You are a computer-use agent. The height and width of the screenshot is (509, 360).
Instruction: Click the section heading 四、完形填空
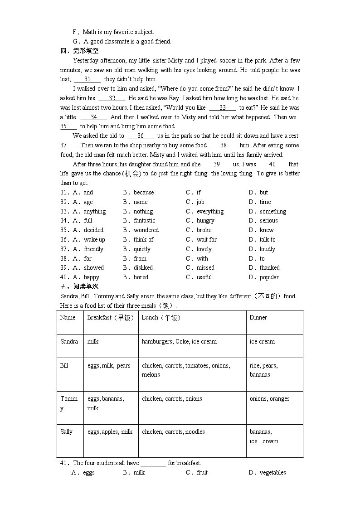click(x=79, y=51)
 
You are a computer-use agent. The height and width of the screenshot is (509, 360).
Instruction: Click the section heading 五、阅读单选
click(x=79, y=286)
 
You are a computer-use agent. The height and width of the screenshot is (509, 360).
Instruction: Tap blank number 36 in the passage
click(x=141, y=136)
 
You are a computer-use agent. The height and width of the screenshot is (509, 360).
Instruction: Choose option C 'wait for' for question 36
click(x=206, y=240)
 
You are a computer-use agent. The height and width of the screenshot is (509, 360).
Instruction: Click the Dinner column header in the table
click(x=258, y=318)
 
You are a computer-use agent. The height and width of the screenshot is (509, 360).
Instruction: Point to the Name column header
click(x=68, y=318)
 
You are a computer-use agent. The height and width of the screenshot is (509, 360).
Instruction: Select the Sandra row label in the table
click(x=69, y=342)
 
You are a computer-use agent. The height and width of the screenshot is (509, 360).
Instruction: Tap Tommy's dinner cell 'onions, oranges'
click(x=269, y=399)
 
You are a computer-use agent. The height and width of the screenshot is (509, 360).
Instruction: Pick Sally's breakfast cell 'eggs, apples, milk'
click(x=110, y=432)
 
